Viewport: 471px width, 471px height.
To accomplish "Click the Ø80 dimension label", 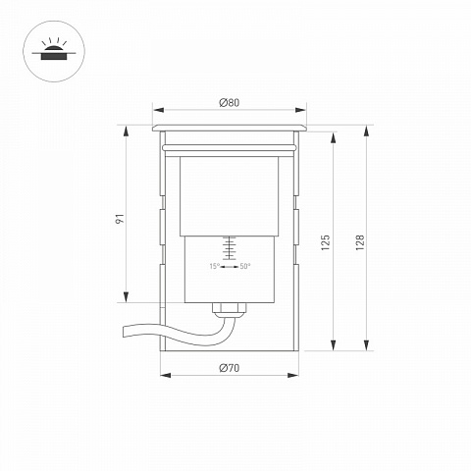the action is coord(230,103).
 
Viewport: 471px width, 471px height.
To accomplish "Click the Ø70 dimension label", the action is coord(230,368).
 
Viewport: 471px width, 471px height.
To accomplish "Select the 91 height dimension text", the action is coord(120,219).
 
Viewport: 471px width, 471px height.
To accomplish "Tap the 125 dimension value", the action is coord(325,242).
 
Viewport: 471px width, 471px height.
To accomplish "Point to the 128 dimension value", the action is coord(360,242).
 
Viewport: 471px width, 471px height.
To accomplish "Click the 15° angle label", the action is coord(214,266).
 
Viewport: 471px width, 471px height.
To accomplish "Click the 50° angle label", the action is coord(245,266).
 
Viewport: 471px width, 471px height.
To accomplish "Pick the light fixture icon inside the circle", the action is coord(54,50).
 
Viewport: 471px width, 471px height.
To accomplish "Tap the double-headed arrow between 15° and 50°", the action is coord(230,267).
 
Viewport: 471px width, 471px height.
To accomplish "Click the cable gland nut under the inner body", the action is coord(230,308).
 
